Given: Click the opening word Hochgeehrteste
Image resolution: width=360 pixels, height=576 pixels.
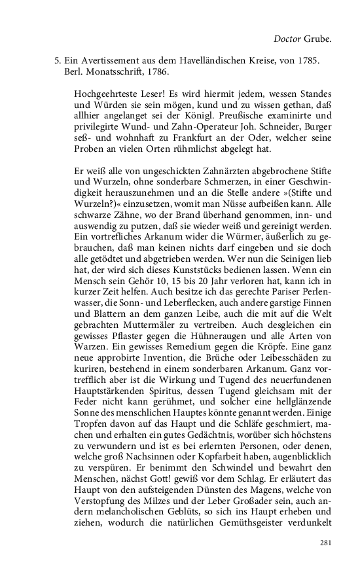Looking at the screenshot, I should [105, 94].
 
